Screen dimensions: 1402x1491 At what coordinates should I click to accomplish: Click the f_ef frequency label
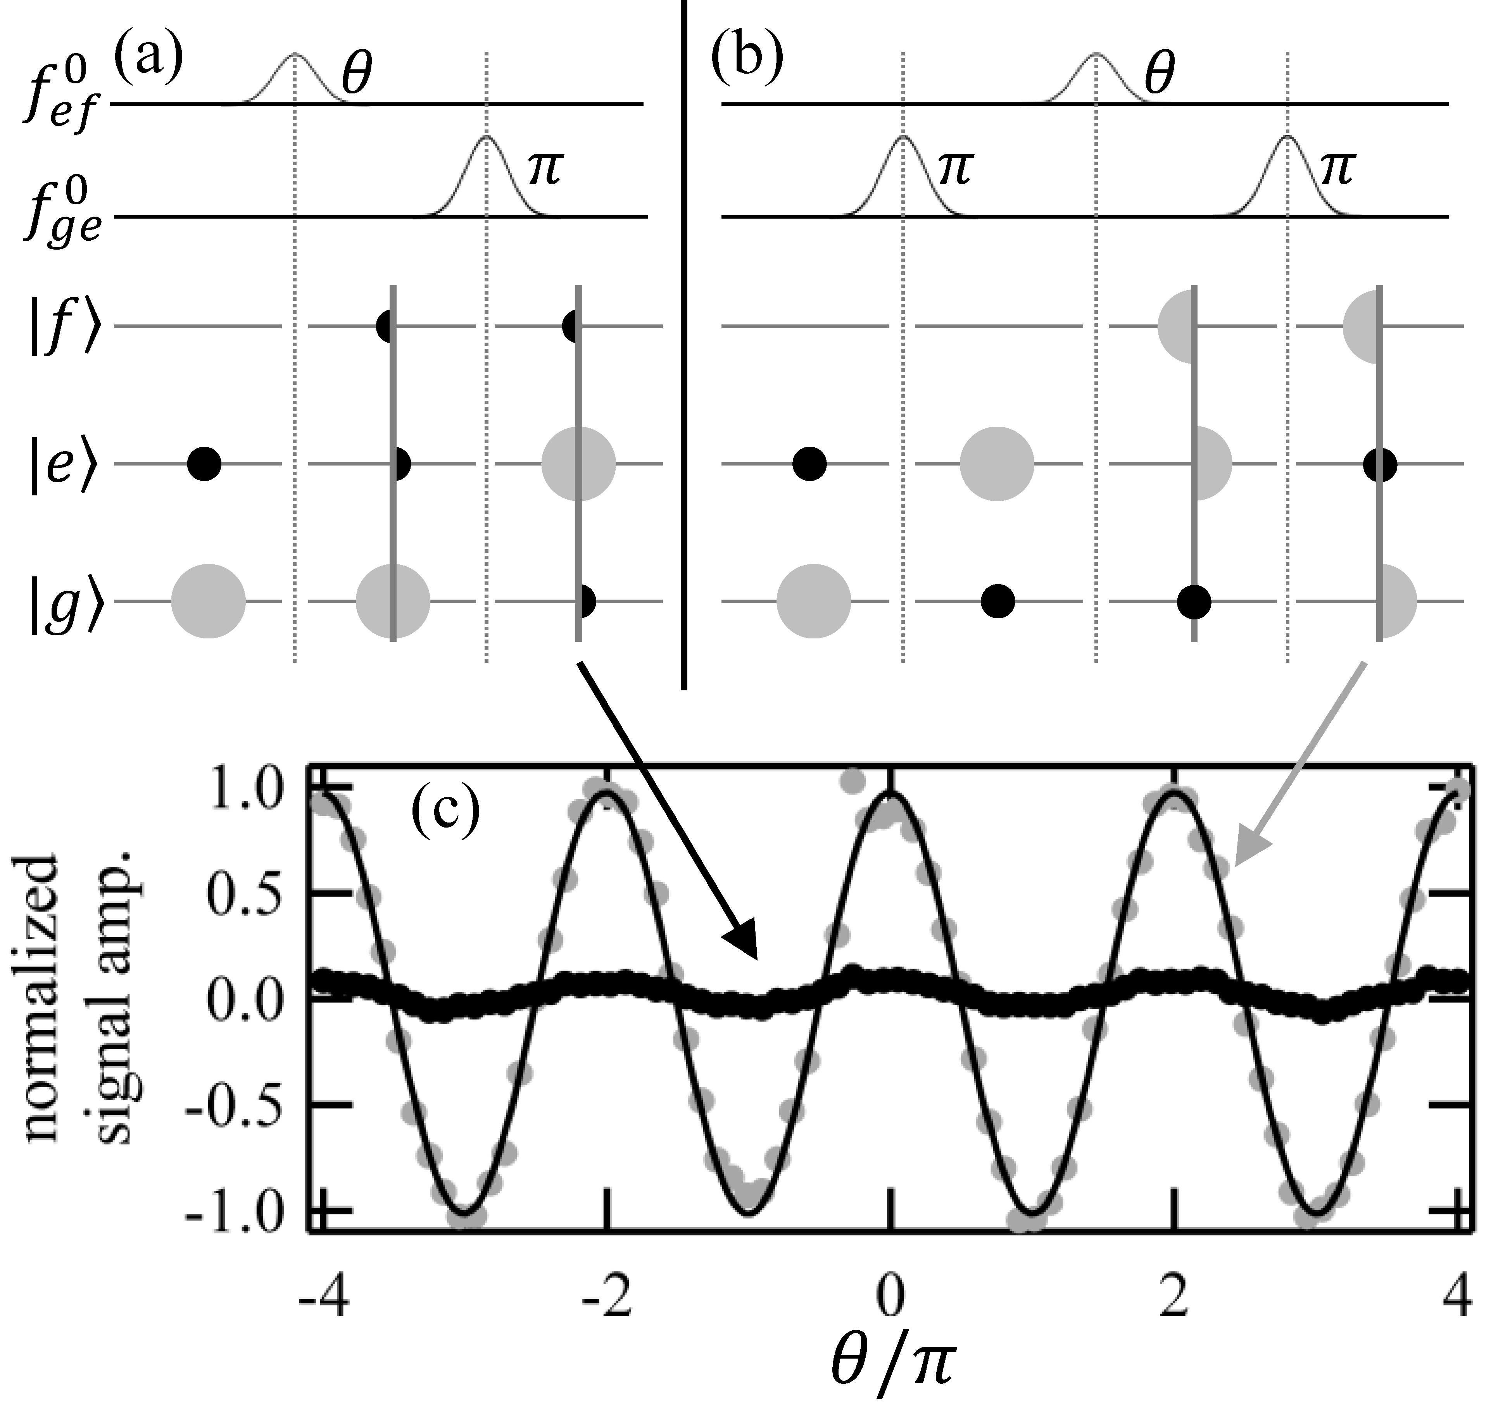64,101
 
